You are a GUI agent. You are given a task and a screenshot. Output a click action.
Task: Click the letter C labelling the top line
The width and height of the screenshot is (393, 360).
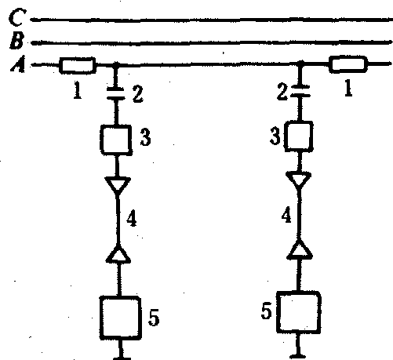click(x=17, y=17)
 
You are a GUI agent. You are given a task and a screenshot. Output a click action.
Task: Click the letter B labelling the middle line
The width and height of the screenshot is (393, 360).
click(x=16, y=41)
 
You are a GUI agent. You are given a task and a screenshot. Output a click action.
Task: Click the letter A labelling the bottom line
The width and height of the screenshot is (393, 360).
click(x=18, y=64)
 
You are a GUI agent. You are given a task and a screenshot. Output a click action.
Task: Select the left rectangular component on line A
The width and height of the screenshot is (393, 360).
click(x=78, y=65)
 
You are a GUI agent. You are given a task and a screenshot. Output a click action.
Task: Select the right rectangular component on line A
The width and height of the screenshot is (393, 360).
click(x=348, y=64)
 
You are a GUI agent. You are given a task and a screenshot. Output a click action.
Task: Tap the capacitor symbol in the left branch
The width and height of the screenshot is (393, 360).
click(x=116, y=93)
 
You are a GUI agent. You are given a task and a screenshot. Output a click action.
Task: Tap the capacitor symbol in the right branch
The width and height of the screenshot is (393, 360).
click(x=300, y=91)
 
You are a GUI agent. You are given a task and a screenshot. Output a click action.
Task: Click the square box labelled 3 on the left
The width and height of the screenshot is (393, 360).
click(x=116, y=140)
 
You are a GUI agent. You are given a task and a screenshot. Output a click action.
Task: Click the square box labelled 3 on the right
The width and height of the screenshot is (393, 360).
click(x=299, y=136)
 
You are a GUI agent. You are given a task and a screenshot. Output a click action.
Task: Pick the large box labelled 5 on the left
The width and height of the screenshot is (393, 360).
click(x=120, y=318)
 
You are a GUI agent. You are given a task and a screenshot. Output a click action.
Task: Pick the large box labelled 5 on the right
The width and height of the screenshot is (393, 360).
click(x=299, y=312)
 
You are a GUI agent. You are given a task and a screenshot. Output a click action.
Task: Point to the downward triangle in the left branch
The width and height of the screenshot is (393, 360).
click(x=118, y=185)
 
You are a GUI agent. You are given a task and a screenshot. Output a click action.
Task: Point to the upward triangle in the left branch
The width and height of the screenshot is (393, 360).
click(x=118, y=253)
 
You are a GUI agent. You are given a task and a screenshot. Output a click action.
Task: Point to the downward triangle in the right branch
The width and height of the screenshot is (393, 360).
click(x=299, y=180)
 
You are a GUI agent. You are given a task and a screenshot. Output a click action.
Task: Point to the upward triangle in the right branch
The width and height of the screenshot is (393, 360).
click(x=300, y=249)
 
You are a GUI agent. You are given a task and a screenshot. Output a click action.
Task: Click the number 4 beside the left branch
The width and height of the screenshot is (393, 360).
click(x=132, y=219)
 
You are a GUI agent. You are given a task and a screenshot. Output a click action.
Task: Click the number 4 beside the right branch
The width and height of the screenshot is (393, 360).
click(x=287, y=216)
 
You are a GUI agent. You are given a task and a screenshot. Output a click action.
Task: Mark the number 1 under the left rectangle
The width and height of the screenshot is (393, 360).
click(x=78, y=90)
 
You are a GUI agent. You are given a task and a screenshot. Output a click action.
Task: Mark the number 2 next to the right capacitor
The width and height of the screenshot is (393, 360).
click(x=282, y=93)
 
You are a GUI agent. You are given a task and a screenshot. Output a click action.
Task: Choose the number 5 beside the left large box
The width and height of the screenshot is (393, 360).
click(x=154, y=318)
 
